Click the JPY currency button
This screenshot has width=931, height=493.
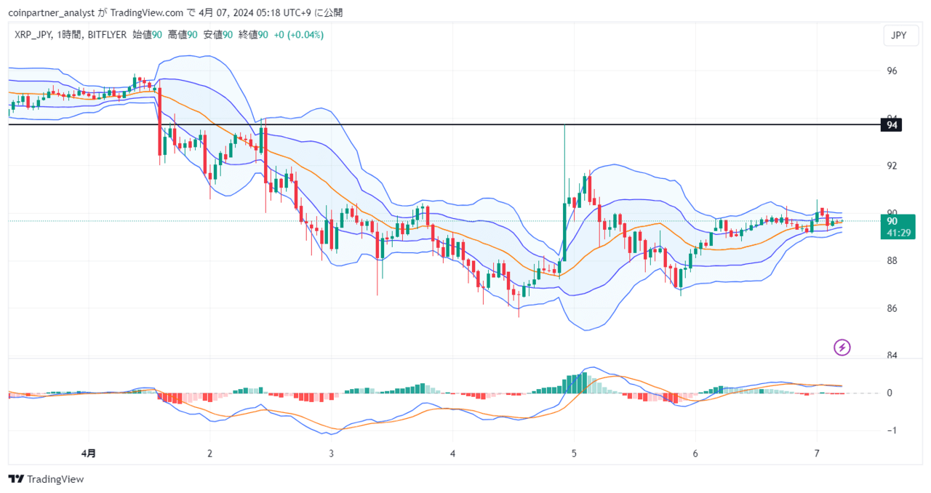(900, 36)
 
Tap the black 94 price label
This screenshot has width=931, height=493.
(891, 125)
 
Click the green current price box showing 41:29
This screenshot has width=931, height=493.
(898, 227)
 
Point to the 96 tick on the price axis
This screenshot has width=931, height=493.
(892, 71)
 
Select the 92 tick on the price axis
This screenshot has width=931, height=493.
(892, 166)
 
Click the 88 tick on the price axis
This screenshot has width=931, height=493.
(892, 260)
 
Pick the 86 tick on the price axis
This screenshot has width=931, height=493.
(892, 308)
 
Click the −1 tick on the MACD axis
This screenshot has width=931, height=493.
(892, 430)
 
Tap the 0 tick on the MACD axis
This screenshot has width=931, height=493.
(890, 393)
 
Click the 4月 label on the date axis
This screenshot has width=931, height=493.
(88, 453)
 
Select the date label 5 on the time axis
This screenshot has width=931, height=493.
(574, 453)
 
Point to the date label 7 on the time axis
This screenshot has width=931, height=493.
(817, 453)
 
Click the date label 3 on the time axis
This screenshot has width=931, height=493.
(331, 453)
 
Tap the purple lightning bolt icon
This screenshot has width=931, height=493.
(842, 348)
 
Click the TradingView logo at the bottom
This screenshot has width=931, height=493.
(46, 479)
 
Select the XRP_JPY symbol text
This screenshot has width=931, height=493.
(33, 35)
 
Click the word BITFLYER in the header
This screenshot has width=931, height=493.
(107, 35)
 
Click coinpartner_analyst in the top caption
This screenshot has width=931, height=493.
(52, 13)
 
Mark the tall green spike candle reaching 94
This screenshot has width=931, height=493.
(564, 191)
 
